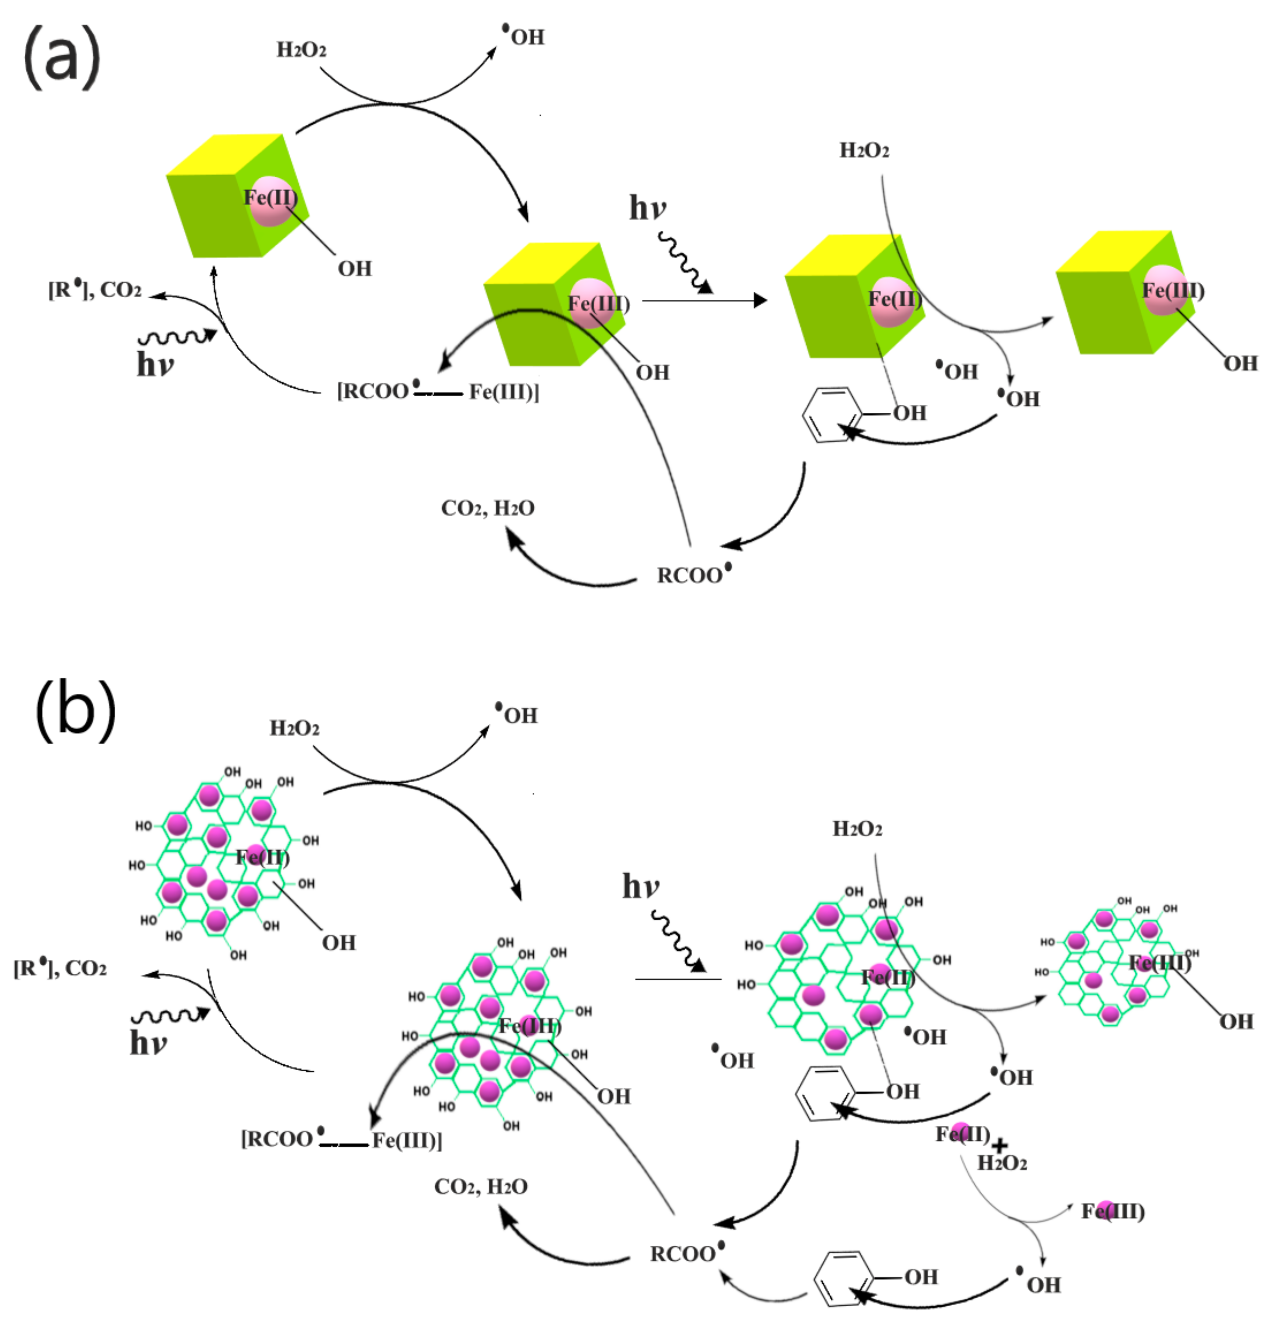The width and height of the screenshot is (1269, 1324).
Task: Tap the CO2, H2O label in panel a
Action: click(487, 508)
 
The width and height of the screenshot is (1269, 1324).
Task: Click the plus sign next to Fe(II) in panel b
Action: click(999, 1144)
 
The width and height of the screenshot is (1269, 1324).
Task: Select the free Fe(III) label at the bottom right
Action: click(1112, 1211)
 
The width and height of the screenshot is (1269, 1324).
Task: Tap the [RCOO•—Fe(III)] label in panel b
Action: click(341, 1140)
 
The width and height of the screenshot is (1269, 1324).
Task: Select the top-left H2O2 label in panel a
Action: click(301, 50)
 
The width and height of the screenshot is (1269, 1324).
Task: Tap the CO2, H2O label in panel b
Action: click(480, 1187)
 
